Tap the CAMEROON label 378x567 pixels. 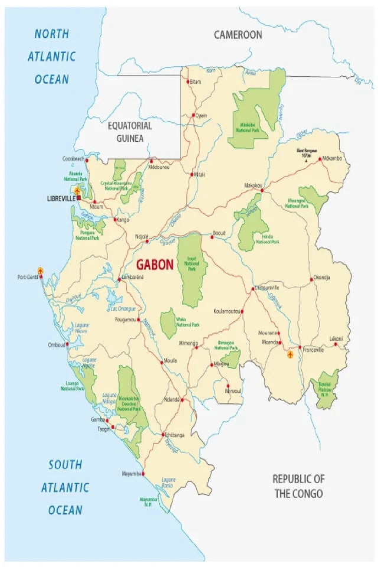[x=237, y=35]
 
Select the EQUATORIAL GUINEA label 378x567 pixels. [x=129, y=132]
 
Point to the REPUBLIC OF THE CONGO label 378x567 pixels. [x=298, y=485]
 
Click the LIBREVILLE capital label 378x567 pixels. [x=61, y=199]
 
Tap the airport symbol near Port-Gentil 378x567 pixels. [x=41, y=270]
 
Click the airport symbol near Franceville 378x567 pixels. [x=290, y=354]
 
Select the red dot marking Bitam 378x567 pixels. [x=188, y=82]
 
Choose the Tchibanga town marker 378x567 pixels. [x=163, y=435]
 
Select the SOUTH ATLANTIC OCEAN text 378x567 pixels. [x=65, y=487]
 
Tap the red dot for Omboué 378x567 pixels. [x=67, y=344]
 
